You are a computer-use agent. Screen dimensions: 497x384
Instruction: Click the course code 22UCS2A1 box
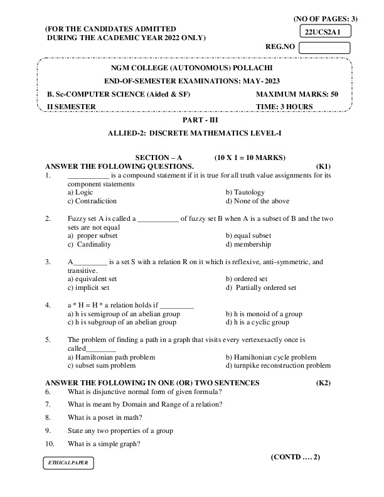(x=324, y=31)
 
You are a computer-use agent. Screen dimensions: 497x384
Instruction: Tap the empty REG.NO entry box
(x=324, y=46)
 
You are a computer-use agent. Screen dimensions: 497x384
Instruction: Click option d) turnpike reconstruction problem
(x=277, y=365)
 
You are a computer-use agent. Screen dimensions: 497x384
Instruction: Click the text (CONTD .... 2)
(x=296, y=457)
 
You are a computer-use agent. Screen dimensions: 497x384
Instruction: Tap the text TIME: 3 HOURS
(x=284, y=107)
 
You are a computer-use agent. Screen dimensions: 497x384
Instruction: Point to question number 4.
(x=48, y=305)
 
